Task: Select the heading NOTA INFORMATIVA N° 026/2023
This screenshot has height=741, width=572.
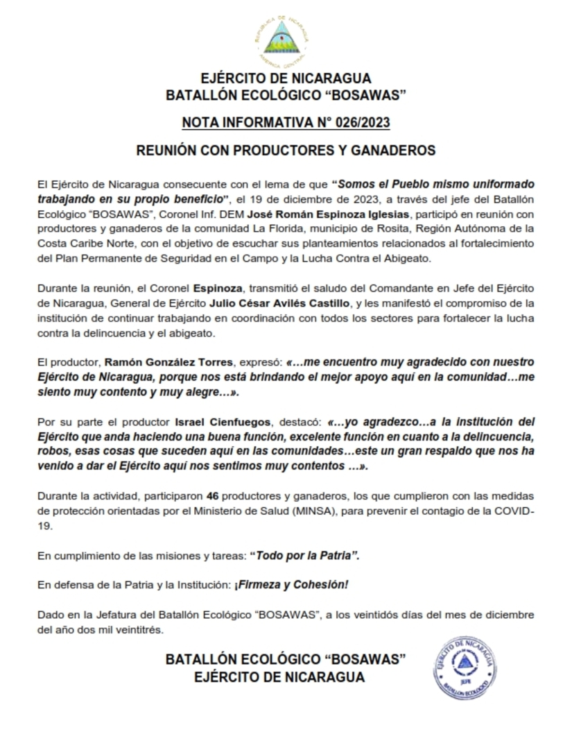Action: click(286, 123)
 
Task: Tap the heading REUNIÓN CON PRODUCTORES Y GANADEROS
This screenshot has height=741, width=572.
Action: click(286, 150)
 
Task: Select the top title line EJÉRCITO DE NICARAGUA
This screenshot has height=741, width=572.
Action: click(286, 78)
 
